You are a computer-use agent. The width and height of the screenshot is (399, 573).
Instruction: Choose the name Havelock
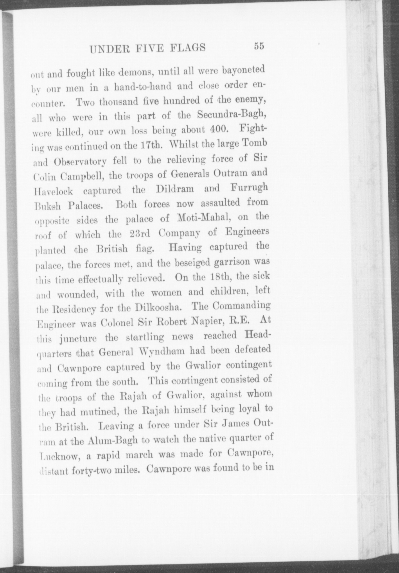pyautogui.click(x=53, y=192)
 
